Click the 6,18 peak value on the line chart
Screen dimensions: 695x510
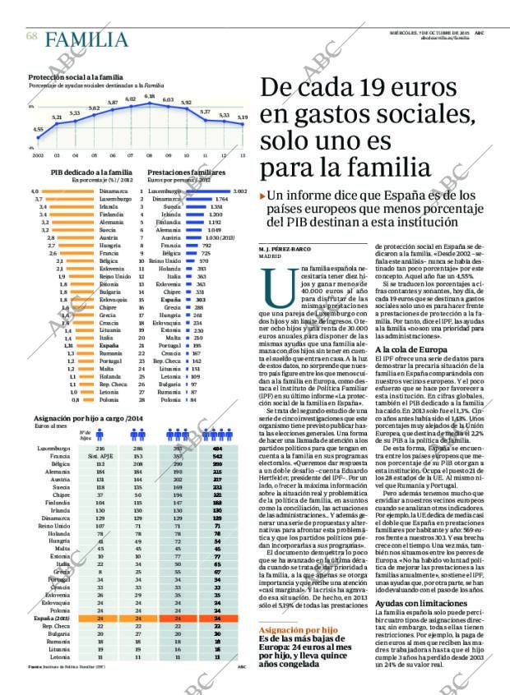(150, 96)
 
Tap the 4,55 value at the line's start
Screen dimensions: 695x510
(38, 129)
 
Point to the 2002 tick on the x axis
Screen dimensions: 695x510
(38, 154)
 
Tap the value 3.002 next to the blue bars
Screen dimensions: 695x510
(240, 191)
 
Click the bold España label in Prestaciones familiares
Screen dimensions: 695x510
(172, 300)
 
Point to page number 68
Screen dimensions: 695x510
(31, 37)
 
